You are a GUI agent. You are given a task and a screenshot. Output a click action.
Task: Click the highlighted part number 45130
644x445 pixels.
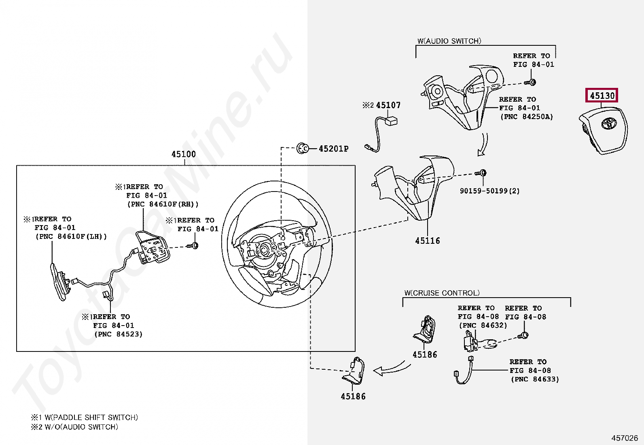point(602,96)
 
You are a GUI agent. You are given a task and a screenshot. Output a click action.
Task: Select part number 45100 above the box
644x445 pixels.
point(183,154)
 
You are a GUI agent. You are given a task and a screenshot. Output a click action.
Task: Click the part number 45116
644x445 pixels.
point(427,241)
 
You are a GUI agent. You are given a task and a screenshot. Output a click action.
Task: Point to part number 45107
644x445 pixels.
point(388,105)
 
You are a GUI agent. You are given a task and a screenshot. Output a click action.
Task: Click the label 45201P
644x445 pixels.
point(333,149)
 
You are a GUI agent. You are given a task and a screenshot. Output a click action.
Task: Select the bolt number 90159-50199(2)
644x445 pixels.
point(489,191)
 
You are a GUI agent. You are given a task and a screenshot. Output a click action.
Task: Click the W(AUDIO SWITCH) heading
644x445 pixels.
point(449,41)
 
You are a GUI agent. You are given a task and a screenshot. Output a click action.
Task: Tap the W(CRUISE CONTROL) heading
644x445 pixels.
point(442,293)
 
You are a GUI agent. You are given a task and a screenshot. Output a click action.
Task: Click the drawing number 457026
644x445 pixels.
point(624,438)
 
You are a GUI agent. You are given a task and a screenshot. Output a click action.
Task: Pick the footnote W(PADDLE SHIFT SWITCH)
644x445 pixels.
point(91,417)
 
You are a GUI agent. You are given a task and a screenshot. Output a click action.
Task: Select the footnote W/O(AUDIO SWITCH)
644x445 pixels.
point(81,427)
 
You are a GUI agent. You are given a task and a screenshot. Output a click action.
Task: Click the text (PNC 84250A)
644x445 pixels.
point(526,117)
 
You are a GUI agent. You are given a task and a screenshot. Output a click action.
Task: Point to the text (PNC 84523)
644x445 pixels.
point(118,334)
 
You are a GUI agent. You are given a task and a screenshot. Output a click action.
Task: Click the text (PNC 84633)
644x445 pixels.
point(534,379)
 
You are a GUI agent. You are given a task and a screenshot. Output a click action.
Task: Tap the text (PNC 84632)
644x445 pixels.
point(483,325)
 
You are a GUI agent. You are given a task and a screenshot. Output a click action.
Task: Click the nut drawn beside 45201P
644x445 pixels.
point(302,149)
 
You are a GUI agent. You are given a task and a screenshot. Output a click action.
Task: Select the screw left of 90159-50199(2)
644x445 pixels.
point(481,173)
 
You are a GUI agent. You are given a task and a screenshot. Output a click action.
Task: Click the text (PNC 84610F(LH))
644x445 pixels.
point(71,236)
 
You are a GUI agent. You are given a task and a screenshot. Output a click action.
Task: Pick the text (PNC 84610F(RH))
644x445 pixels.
point(163,204)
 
